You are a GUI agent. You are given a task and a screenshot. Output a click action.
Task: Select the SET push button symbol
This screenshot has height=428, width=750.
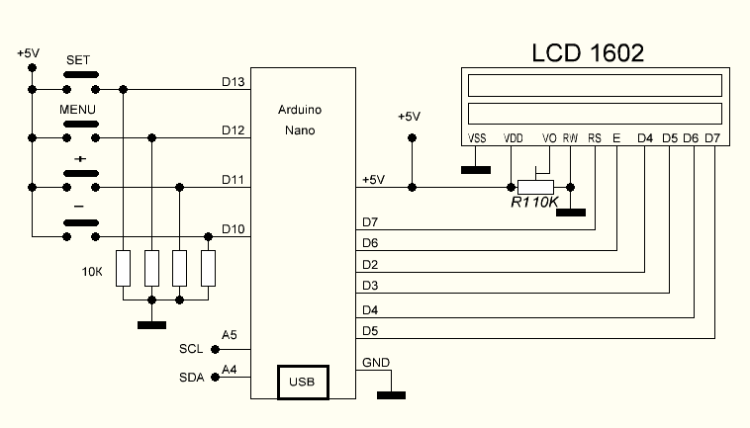coord(80,74)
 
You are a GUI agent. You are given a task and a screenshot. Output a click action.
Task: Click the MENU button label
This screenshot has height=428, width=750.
coord(77,108)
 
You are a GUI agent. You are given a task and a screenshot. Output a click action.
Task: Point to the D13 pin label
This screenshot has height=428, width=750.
coord(233,81)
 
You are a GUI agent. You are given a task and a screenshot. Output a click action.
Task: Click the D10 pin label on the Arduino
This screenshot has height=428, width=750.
coord(233,229)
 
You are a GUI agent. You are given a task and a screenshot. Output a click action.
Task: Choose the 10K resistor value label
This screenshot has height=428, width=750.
coord(92,269)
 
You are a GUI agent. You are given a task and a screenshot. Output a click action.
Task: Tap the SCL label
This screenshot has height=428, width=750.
coord(191,349)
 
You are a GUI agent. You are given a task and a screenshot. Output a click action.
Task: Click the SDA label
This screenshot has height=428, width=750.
coord(191,377)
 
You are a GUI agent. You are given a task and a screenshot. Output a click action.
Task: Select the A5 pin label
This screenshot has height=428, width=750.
coord(230,336)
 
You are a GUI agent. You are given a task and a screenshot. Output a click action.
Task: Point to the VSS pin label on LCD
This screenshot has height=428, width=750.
coord(477,138)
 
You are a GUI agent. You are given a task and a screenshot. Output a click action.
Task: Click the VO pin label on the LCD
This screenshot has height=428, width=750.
coord(550,138)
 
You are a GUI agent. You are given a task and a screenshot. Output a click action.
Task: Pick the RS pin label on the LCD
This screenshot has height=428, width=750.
coord(594,138)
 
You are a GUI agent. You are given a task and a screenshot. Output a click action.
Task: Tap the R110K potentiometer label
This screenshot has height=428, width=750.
coord(534,203)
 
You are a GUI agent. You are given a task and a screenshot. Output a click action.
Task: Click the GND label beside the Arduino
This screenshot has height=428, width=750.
coord(375,361)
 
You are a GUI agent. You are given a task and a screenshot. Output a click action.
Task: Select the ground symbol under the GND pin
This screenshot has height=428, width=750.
coord(391,395)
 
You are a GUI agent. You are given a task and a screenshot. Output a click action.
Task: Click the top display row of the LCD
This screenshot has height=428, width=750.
coord(594,85)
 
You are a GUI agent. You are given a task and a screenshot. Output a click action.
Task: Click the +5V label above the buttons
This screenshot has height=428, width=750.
coord(29,52)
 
